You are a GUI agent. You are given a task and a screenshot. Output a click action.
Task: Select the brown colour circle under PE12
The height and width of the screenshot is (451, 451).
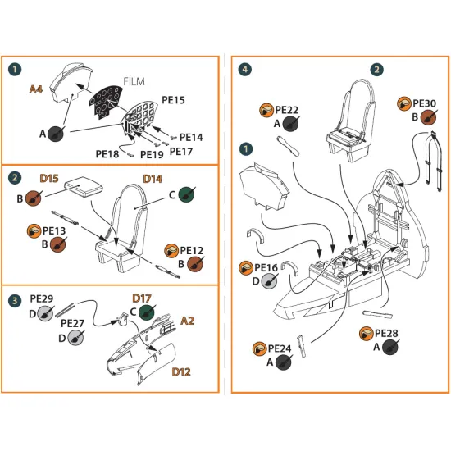coord(195,264)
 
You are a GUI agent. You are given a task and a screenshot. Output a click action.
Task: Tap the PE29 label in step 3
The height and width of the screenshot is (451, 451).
coord(41,299)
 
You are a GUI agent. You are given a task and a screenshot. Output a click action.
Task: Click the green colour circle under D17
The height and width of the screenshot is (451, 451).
coord(148,312)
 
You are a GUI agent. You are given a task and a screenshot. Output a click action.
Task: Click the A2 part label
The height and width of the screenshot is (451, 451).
coord(188,319)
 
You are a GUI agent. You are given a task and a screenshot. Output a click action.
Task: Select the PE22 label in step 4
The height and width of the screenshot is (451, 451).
coord(286,109)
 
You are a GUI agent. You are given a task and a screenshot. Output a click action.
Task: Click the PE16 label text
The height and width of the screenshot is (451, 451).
coord(265,267)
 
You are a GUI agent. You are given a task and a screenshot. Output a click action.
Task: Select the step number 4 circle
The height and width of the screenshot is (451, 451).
coord(245,70)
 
